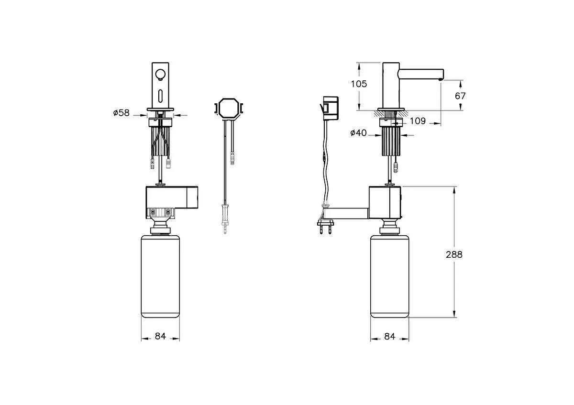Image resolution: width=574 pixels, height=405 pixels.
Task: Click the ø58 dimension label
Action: tap(121, 113)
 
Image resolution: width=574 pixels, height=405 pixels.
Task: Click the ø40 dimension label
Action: tap(358, 133)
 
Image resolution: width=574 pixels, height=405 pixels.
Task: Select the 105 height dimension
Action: tap(359, 84)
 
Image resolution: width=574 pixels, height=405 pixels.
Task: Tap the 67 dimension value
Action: tap(460, 96)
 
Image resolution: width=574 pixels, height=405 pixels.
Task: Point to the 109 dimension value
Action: tap(418, 121)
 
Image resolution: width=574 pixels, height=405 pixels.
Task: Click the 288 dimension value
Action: tap(453, 254)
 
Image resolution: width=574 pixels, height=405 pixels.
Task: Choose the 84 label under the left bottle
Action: tap(160, 337)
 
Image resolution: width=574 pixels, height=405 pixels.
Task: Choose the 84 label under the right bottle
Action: tap(390, 337)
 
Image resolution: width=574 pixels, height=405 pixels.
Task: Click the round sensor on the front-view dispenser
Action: tap(160, 74)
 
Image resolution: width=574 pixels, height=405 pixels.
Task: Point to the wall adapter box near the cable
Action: tap(331, 108)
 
